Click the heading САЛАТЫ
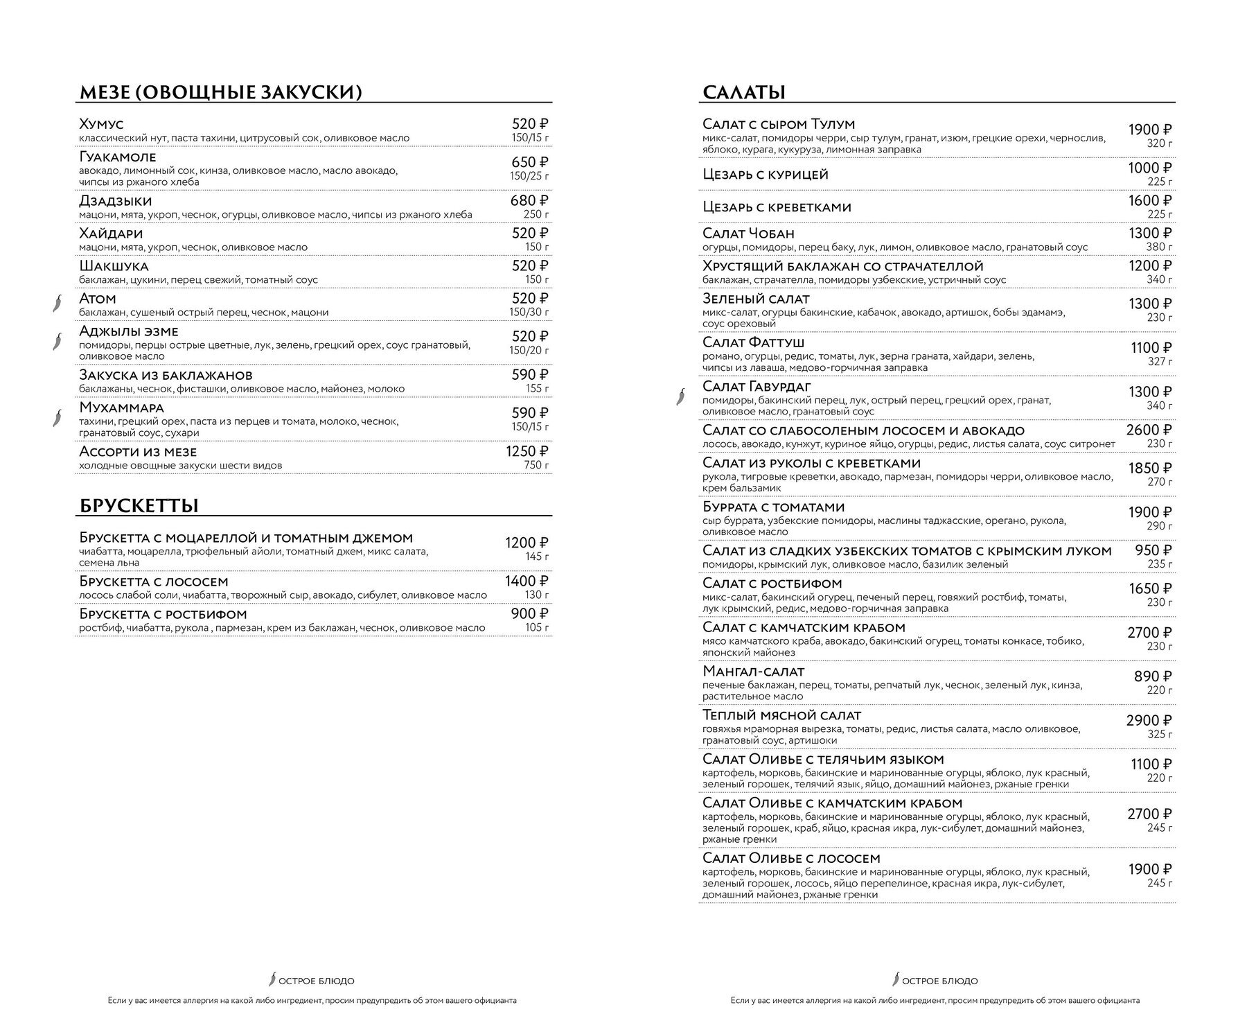[x=744, y=92]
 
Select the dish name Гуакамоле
[x=118, y=157]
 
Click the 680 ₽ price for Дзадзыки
[x=529, y=201]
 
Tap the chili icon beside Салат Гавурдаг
[x=682, y=396]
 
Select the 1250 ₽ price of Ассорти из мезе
[x=527, y=452]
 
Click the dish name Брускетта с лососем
[x=154, y=582]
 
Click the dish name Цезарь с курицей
[x=766, y=175]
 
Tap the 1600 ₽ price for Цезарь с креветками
[x=1150, y=201]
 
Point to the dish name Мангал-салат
[x=754, y=672]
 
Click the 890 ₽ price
[x=1153, y=676]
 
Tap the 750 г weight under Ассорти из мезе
[x=537, y=466]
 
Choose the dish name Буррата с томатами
[x=774, y=507]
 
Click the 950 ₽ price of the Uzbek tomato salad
[x=1153, y=551]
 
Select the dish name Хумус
[x=101, y=124]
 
